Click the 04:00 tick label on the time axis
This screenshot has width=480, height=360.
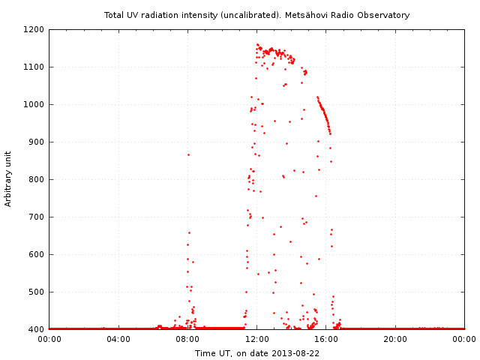tap(118, 339)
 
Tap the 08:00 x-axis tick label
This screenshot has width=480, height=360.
tap(187, 339)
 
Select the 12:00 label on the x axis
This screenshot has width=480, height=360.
tap(257, 339)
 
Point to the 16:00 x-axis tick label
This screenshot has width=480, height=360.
tap(326, 339)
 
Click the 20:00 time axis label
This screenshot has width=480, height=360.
tap(395, 339)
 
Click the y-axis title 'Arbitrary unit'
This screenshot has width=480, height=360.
tap(8, 179)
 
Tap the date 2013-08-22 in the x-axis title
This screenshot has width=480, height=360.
tap(295, 353)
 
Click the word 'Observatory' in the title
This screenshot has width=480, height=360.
tap(385, 15)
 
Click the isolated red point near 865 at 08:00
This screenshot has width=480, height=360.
tap(188, 154)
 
